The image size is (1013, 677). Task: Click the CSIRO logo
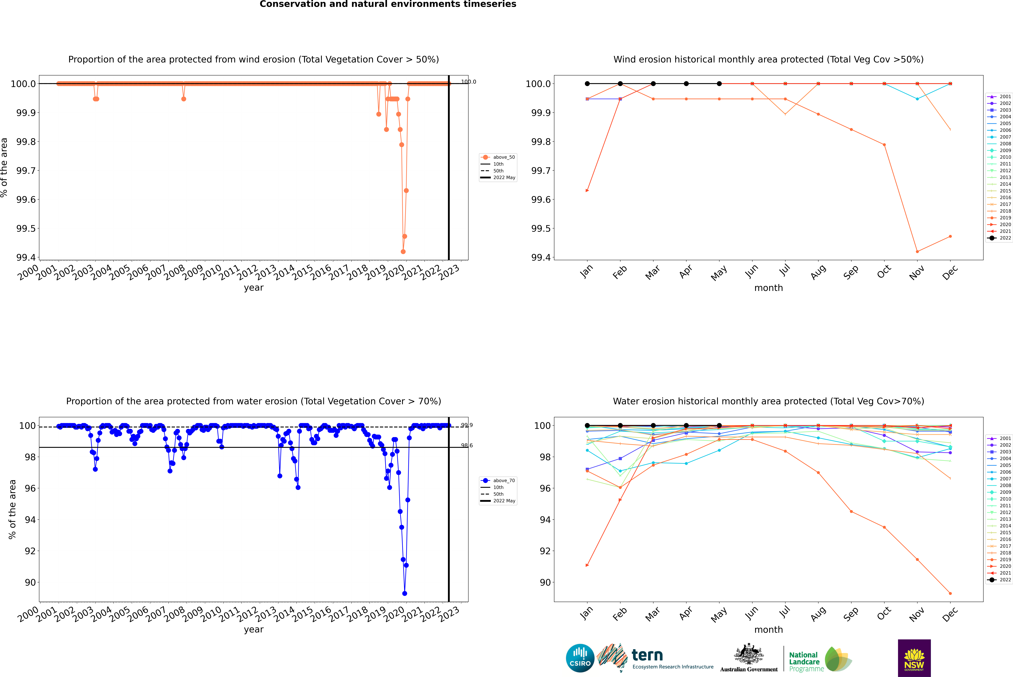coord(580,658)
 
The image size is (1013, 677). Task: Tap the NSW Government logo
coord(914,658)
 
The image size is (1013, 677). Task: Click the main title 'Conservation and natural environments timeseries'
coord(388,4)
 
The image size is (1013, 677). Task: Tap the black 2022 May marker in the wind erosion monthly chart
coord(719,84)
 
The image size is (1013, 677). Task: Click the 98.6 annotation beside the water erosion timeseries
coord(466,446)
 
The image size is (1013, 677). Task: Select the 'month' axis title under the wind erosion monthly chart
coord(768,288)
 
